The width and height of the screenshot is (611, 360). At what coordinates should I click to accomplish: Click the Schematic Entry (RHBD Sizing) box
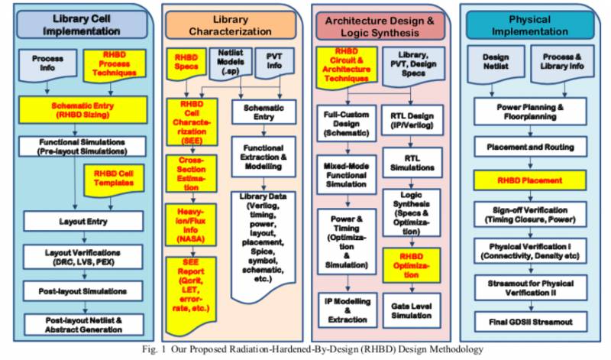coord(78,111)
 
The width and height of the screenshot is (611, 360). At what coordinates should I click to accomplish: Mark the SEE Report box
coord(192,285)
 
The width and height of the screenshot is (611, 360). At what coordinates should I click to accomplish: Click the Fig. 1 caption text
coord(305,349)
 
